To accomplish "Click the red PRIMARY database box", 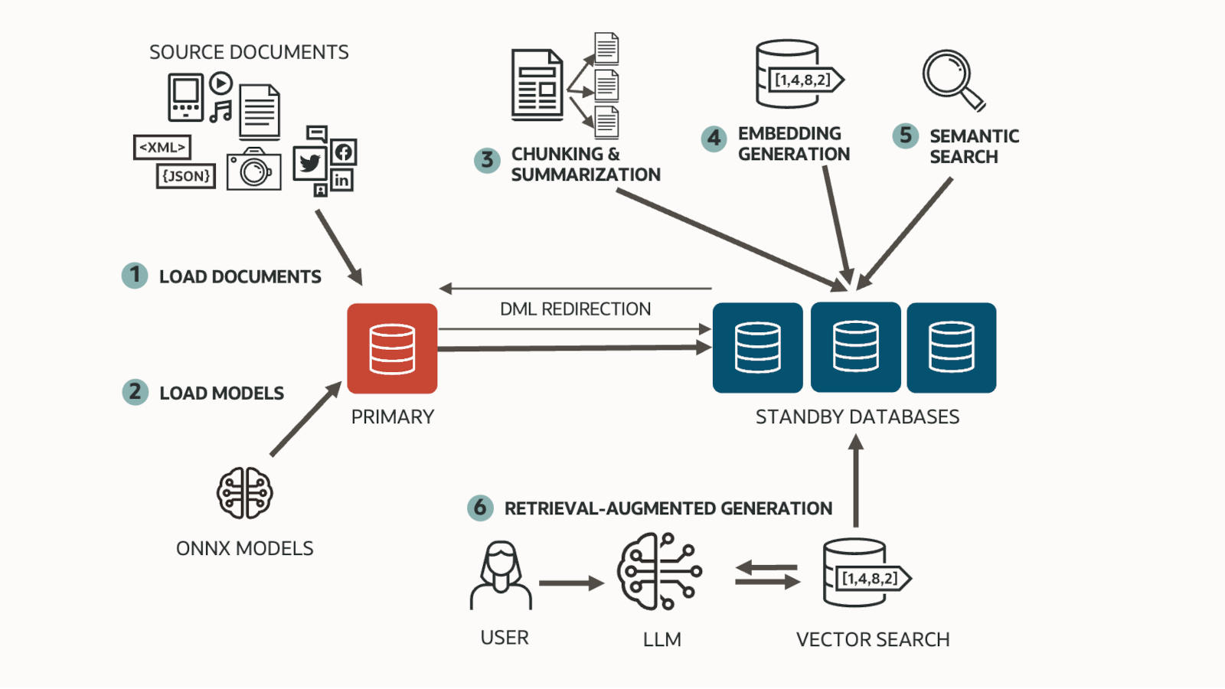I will point(392,348).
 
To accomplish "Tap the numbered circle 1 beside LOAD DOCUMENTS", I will point(135,275).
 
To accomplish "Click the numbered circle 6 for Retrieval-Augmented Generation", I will point(480,507).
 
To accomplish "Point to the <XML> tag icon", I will point(162,147).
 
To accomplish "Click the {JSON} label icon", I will point(186,176).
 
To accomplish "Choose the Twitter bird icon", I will point(310,163).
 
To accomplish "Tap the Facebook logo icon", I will point(344,152).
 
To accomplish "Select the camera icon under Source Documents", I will point(254,170).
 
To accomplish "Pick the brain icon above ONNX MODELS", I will point(245,493).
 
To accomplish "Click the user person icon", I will point(501,576).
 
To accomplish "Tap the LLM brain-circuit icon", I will point(659,572).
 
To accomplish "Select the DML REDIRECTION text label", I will point(575,309).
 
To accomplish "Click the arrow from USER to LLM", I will point(570,583).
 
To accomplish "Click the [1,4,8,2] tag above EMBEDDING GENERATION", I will point(803,80).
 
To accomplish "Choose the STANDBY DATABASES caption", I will point(857,416).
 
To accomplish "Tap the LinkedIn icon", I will point(341,180).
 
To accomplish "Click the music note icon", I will point(221,112).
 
